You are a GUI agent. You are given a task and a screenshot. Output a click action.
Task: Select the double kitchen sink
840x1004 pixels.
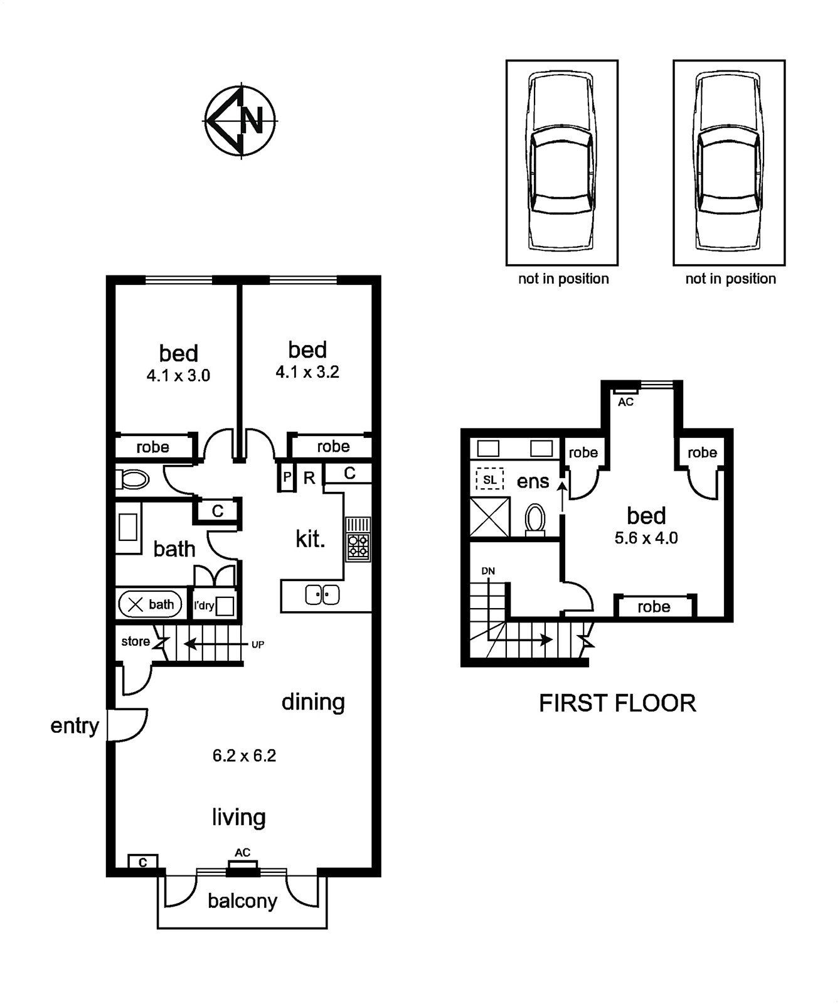point(322,594)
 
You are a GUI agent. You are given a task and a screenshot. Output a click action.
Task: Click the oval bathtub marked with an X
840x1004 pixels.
point(150,605)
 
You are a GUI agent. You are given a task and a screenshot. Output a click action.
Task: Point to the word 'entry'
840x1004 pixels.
point(75,727)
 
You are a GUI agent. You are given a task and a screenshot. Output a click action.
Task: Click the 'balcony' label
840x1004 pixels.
point(242,902)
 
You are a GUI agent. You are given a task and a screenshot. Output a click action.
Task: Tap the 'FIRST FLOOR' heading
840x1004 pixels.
point(617,703)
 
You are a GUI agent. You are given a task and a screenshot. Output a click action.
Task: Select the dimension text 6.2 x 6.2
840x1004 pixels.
point(244,756)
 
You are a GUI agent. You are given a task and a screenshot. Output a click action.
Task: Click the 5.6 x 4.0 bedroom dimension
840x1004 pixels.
point(646,538)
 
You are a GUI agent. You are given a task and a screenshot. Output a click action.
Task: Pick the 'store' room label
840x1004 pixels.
point(136,641)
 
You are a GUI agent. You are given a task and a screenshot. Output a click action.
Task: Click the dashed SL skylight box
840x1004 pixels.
point(490,479)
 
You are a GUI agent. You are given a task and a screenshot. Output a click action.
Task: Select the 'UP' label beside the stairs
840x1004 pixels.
point(258,644)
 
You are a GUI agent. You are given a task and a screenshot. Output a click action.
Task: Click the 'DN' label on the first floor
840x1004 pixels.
point(488,571)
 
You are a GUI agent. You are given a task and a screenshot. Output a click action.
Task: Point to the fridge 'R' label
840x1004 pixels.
point(309,478)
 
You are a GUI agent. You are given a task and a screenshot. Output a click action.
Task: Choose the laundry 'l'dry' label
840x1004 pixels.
point(204,606)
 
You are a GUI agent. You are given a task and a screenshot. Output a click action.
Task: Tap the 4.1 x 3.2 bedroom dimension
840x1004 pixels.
point(307,372)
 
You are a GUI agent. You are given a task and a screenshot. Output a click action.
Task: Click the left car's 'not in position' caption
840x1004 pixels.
point(563,279)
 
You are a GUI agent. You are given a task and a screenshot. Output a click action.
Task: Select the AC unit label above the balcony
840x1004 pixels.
point(243,852)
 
